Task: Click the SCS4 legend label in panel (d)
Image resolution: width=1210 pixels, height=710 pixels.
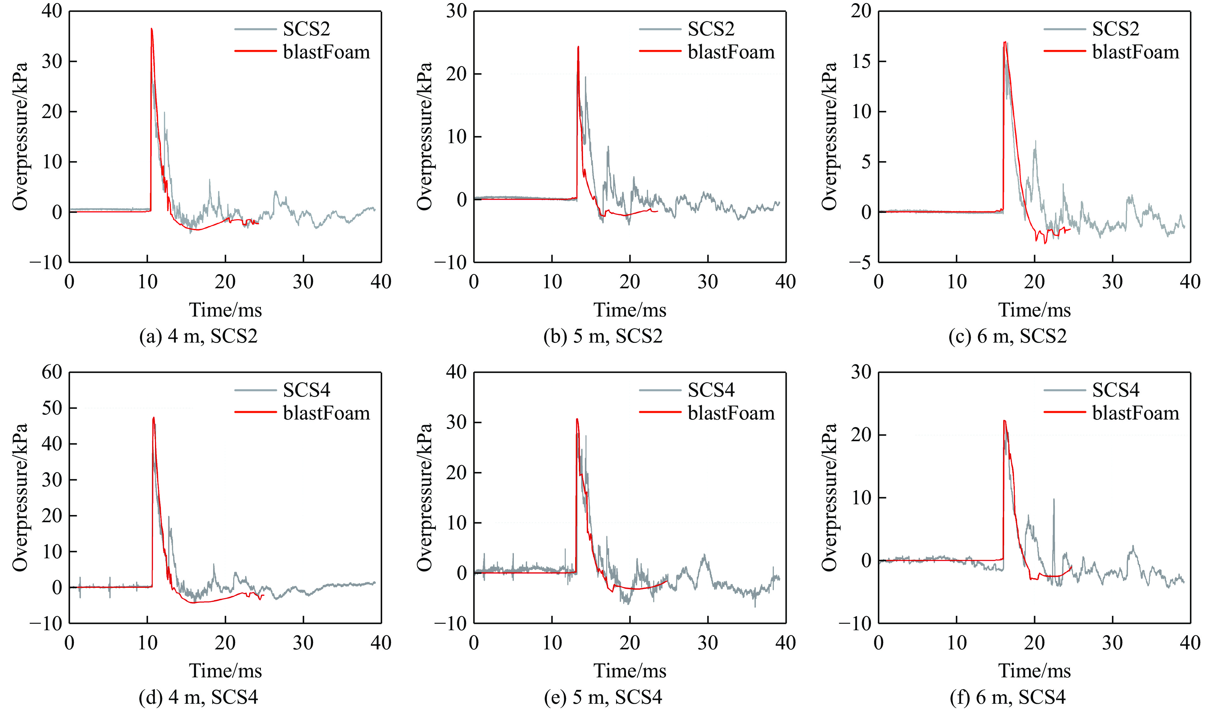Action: coord(306,390)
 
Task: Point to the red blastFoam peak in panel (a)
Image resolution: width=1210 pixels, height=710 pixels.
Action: coord(152,29)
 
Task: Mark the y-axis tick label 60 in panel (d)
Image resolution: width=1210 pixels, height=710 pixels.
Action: coord(52,372)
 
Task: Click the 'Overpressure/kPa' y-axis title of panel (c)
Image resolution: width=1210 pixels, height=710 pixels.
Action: coord(829,136)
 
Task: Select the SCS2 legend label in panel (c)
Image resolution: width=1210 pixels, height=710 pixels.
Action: coord(1115,29)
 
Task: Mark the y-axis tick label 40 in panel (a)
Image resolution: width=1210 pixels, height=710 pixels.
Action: coord(52,11)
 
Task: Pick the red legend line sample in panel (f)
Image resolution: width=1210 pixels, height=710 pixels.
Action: coord(1064,412)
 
